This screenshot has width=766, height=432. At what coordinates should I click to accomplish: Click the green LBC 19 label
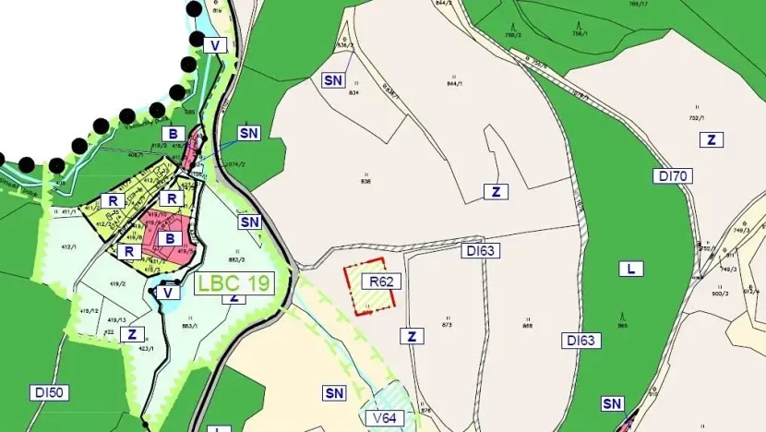(233, 282)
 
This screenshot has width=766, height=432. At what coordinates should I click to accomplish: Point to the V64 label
(386, 418)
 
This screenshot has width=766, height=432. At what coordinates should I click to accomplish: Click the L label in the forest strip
(631, 270)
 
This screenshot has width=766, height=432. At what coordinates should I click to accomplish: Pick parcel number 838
(365, 182)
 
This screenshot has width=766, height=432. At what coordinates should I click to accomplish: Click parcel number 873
(448, 325)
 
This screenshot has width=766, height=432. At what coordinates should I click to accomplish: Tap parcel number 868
(527, 325)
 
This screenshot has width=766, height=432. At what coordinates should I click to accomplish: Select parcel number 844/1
(453, 83)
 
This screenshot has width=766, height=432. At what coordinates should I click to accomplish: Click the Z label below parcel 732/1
(712, 140)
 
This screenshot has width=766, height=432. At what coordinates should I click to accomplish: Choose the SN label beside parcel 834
(333, 80)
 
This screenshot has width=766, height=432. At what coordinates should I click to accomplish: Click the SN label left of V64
(334, 393)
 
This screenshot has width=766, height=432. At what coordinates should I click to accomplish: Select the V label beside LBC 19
(168, 293)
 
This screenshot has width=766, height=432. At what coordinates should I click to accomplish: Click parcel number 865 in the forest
(622, 326)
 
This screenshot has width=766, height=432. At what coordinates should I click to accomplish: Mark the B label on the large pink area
(168, 238)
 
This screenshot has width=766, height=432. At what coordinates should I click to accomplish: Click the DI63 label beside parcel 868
(581, 341)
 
